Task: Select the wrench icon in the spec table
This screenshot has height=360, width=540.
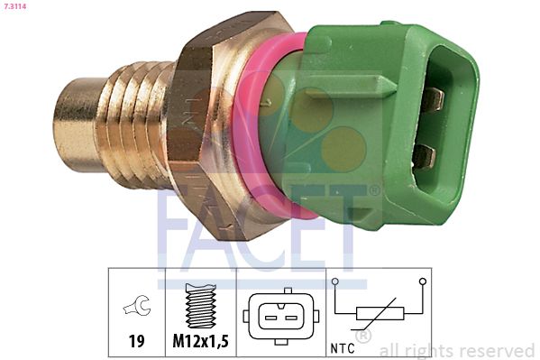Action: (x=137, y=308)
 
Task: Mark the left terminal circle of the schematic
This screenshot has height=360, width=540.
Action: (x=334, y=281)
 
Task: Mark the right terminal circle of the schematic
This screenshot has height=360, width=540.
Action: (x=421, y=281)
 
